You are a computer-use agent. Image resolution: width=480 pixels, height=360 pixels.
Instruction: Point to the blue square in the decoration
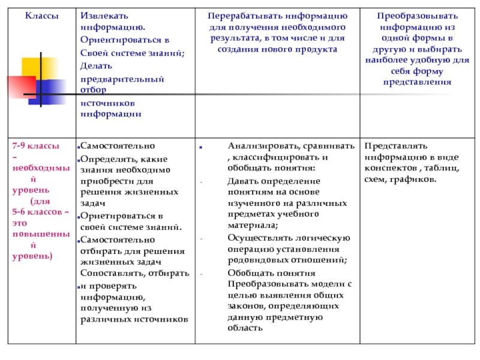click(x=51, y=91)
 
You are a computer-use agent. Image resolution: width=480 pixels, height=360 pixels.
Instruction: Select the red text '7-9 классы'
click(x=36, y=146)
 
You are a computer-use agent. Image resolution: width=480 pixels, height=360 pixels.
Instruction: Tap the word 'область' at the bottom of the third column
click(x=245, y=328)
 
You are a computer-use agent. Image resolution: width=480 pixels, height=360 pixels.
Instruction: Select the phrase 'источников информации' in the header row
click(x=112, y=108)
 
